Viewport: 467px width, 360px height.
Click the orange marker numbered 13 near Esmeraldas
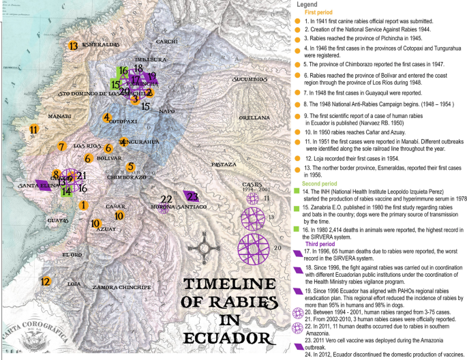click(73, 46)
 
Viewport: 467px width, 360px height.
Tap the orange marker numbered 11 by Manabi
click(33, 129)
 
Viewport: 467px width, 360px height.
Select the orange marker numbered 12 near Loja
click(46, 281)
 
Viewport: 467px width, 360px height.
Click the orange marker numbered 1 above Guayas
click(83, 205)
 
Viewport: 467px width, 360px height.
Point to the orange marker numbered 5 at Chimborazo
click(131, 166)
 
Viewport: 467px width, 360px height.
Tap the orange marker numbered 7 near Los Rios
click(61, 147)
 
